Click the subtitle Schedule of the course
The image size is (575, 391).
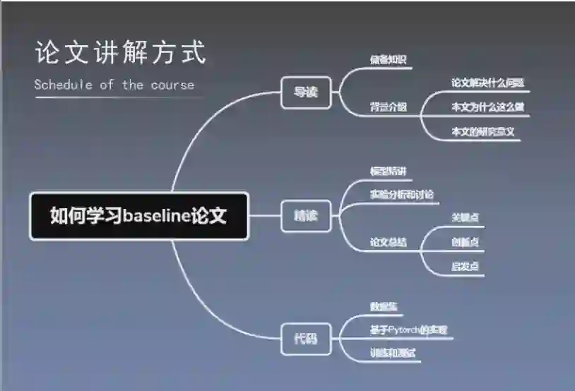coord(114,85)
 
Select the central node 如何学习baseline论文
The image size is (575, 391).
coord(139,215)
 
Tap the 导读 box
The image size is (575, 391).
coord(306,92)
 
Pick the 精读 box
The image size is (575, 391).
coord(306,215)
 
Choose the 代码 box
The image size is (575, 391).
coord(306,338)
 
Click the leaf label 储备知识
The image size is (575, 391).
coord(389,60)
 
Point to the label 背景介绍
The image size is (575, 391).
coord(389,107)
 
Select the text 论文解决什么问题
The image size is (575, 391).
coord(488,83)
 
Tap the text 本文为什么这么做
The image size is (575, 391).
coord(488,107)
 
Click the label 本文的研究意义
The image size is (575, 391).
coord(483,131)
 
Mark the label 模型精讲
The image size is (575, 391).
coord(389,172)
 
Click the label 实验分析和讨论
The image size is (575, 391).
coord(402,194)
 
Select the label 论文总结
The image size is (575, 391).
coord(389,242)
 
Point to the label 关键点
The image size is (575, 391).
coord(466,217)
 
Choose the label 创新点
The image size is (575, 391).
coord(466,242)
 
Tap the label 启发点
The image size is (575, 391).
coord(466,266)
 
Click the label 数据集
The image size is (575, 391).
coord(384,307)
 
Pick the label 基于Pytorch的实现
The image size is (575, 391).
coord(409,330)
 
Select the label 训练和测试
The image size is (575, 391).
coord(393,353)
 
